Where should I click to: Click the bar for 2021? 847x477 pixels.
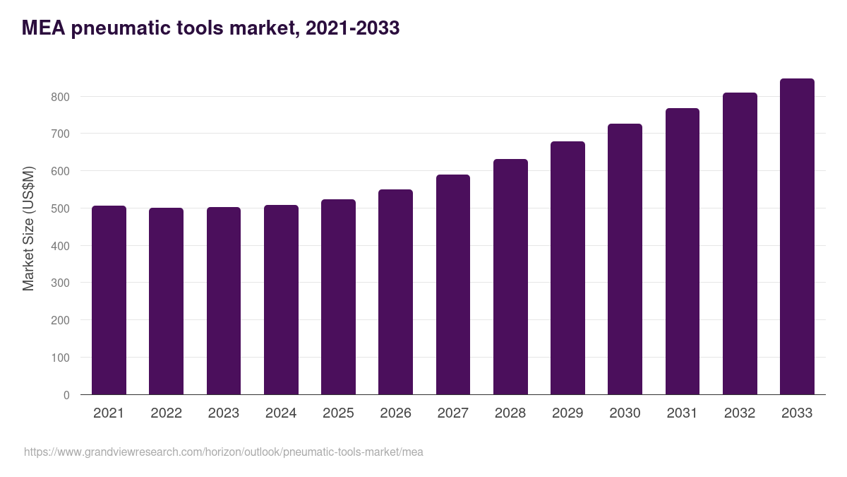pos(109,300)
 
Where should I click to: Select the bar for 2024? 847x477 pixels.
pos(281,300)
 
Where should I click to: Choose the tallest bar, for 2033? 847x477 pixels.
pos(797,237)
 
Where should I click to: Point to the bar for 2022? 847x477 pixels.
pos(166,301)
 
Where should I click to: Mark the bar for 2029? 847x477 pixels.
pos(567,268)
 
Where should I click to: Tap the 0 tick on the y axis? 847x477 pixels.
pos(66,395)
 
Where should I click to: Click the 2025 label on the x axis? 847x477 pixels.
pos(338,413)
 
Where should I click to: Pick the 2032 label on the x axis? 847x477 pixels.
pos(740,413)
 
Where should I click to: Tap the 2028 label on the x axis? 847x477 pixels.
pos(510,413)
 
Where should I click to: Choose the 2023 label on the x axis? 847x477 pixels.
pos(224,413)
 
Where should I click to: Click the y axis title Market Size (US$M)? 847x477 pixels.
pos(28,228)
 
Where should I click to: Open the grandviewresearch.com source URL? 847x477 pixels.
pos(224,452)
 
